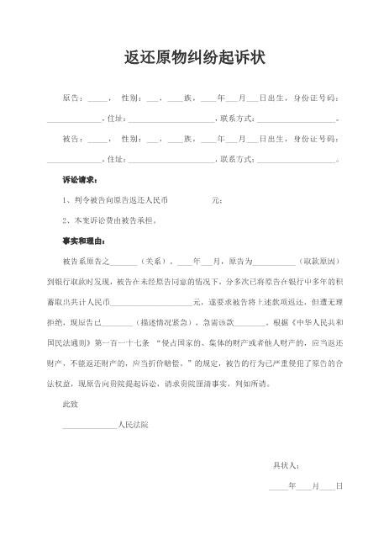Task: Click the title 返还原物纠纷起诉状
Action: (x=194, y=58)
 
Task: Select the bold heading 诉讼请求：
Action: (x=80, y=179)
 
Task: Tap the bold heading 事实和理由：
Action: (x=83, y=240)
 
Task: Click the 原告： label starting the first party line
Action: (x=73, y=98)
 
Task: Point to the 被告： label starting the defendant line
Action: (x=73, y=138)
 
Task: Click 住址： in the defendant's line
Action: (x=114, y=158)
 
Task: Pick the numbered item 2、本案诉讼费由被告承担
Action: (x=110, y=220)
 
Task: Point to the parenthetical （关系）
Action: (x=154, y=261)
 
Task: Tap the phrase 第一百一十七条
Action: (x=127, y=342)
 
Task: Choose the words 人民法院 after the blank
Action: (x=133, y=424)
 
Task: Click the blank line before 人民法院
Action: (x=90, y=426)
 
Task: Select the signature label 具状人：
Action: (x=286, y=464)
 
